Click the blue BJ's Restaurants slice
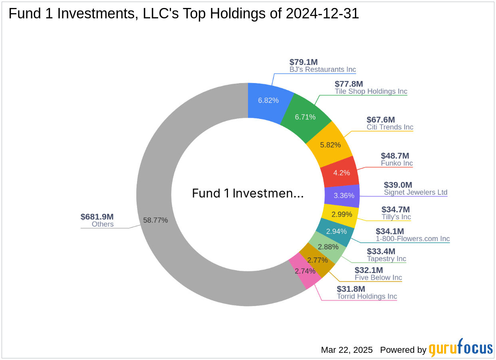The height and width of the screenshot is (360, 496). click(268, 100)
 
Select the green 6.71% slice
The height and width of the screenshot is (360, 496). click(305, 117)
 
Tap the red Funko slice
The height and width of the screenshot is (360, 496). click(341, 173)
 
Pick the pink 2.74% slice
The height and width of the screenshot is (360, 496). click(304, 271)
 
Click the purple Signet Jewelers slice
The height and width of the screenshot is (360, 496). click(343, 196)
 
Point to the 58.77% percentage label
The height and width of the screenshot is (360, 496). click(155, 220)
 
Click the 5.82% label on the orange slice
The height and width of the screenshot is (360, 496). click(330, 145)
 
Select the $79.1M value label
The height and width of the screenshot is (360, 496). click(304, 62)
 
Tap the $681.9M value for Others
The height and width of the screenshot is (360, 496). click(97, 217)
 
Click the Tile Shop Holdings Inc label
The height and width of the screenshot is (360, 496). click(371, 91)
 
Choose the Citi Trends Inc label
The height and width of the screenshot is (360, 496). click(390, 127)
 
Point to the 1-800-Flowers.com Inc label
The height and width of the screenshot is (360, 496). click(413, 239)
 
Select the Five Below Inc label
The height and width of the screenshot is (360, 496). click(378, 278)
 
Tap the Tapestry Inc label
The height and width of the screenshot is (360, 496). click(387, 259)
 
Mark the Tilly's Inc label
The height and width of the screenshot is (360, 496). click(396, 217)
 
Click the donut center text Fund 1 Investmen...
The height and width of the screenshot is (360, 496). click(248, 193)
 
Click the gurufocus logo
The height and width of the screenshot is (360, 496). click(460, 348)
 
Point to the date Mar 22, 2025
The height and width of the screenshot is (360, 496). click(347, 350)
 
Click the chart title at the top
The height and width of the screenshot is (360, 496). click(184, 14)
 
